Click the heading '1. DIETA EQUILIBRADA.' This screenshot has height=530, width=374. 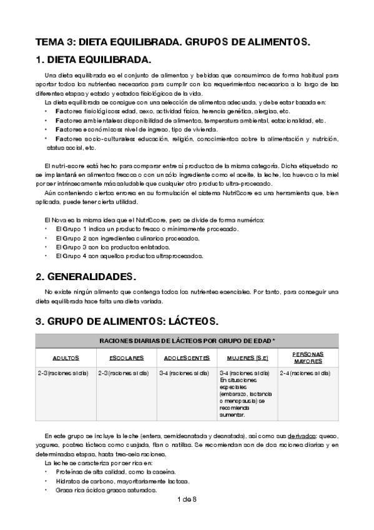point(93,61)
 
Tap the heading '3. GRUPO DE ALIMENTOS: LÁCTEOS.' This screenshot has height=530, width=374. point(127,321)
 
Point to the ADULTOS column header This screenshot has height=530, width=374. point(65,358)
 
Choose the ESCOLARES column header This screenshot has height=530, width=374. point(126,358)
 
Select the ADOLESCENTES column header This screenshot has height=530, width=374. point(187,358)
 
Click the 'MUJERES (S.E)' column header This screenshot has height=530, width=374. point(247,358)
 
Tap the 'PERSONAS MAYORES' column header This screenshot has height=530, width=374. point(308,357)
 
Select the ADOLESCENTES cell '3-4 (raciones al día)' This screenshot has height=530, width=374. point(185,373)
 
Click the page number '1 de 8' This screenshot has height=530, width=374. point(187,499)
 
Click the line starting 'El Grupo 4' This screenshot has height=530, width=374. point(128,256)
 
